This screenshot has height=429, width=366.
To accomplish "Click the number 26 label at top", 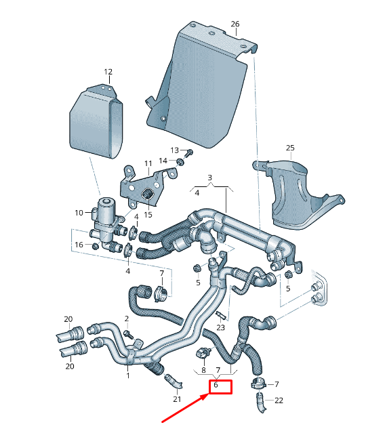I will tap(235, 24).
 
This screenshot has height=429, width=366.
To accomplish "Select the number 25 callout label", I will tap(290, 148).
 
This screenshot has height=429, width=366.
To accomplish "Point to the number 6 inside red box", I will tap(216, 386).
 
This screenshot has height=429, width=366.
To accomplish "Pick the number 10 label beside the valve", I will tap(79, 213).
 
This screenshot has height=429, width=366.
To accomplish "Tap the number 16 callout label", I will tap(79, 245).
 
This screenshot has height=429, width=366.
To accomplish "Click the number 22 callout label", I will tap(279, 401).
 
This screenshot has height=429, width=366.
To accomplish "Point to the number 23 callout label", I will tap(220, 327).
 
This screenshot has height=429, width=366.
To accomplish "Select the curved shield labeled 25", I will tap(298, 197).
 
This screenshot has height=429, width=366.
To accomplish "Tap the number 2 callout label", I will tap(126, 318).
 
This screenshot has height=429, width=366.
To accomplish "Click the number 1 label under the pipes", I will tap(127, 374).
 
